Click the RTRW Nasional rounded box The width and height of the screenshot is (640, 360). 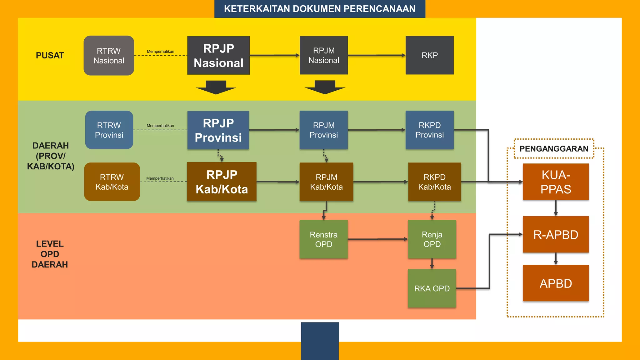point(109,56)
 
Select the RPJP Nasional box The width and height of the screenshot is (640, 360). point(218,56)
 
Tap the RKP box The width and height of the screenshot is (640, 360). point(429,55)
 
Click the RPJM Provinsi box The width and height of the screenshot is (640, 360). point(323,130)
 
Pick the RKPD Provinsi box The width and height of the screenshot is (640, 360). point(429,130)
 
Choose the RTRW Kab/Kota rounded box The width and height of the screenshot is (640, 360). point(112,182)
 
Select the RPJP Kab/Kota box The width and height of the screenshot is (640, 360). point(222,182)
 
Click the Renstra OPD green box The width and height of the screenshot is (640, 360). point(323,239)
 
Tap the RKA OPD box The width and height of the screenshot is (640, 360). point(432,288)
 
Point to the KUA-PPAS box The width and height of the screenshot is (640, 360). point(556,182)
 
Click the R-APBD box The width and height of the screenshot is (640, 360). point(556,235)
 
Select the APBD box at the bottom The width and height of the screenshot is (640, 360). point(556,283)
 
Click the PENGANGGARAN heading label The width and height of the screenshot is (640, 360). point(554,149)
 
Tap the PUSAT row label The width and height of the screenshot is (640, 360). point(50,56)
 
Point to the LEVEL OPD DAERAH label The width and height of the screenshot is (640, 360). point(50,254)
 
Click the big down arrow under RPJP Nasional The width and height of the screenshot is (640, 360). point(216,88)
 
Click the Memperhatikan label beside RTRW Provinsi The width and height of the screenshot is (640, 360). point(160,126)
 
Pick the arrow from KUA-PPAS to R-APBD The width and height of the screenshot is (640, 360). point(556,208)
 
